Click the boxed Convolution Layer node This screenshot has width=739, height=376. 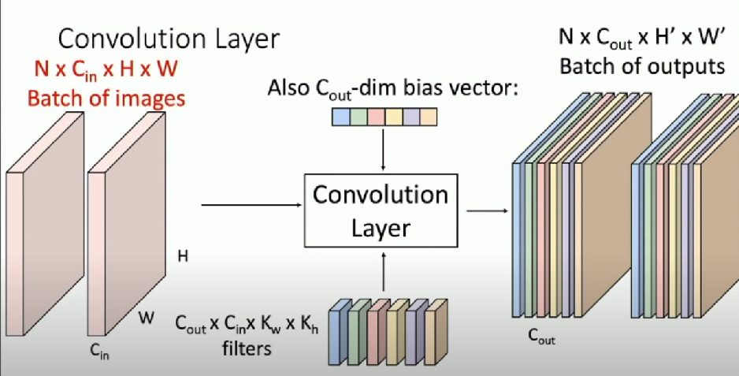[x=381, y=211]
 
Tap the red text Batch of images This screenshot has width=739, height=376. [x=106, y=99]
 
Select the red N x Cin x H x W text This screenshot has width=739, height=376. [x=106, y=71]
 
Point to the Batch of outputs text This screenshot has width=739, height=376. [x=641, y=65]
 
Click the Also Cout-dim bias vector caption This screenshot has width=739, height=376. [x=392, y=87]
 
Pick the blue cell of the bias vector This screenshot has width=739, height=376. [x=340, y=117]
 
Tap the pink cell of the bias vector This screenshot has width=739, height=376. [x=375, y=117]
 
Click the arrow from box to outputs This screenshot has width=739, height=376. [x=486, y=210]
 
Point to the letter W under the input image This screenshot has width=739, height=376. [x=147, y=318]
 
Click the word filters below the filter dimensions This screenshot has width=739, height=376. [x=244, y=347]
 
